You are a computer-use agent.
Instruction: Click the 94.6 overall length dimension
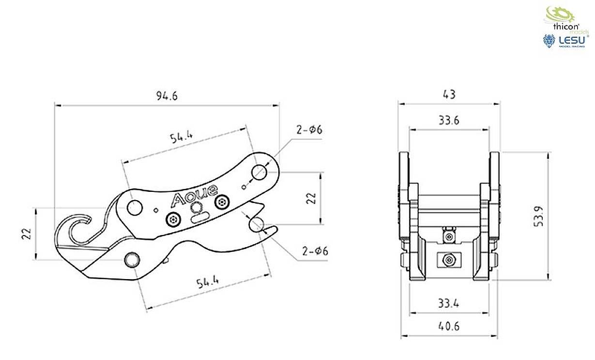click(167, 96)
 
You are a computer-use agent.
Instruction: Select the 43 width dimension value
click(449, 94)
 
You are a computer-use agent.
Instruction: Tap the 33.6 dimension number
click(449, 121)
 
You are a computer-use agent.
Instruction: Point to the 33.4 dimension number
click(449, 304)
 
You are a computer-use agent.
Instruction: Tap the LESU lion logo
click(549, 41)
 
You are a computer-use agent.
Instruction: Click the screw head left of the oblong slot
click(172, 220)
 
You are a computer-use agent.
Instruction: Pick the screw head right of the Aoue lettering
click(223, 201)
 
